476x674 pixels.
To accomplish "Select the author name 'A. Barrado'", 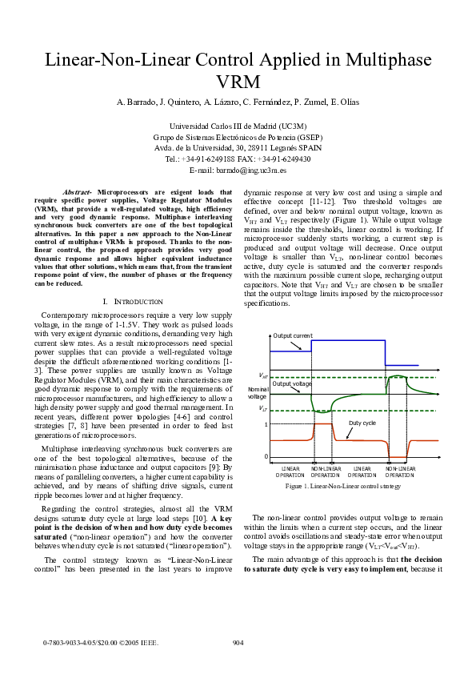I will (136, 102).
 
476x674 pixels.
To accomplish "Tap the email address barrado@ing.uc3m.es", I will (238, 171).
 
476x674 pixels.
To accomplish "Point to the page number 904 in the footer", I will (238, 642).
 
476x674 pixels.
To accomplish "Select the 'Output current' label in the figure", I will (293, 358).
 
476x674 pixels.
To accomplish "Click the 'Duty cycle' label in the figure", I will (362, 422).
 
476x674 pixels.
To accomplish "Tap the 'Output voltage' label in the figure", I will (292, 383).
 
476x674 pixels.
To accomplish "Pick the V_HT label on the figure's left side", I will (262, 375).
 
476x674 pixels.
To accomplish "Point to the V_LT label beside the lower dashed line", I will (262, 409).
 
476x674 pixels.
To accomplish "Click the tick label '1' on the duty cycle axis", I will (266, 424).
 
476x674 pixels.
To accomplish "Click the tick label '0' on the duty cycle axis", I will (266, 456).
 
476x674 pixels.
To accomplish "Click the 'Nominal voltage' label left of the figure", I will (258, 392).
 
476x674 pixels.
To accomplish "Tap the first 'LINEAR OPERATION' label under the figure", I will (290, 471).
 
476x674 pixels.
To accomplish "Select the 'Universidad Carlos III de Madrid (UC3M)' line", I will (238, 126).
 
